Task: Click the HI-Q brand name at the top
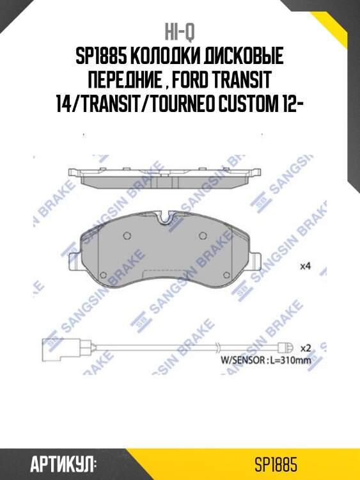[x=180, y=33]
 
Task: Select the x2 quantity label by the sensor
[x=305, y=348]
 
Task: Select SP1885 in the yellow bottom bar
[x=276, y=463]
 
